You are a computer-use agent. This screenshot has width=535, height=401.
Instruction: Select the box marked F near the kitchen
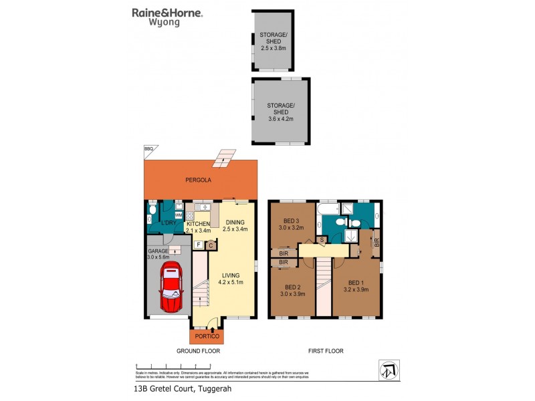coord(198,245)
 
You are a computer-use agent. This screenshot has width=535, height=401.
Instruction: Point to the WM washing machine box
coord(178,215)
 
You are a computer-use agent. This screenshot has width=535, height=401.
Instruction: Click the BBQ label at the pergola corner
coord(148,148)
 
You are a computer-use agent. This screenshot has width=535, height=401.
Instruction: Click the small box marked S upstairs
coord(322,239)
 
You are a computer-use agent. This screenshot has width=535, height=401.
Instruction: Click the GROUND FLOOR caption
coord(199,350)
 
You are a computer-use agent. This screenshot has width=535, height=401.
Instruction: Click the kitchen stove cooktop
coord(189,215)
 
